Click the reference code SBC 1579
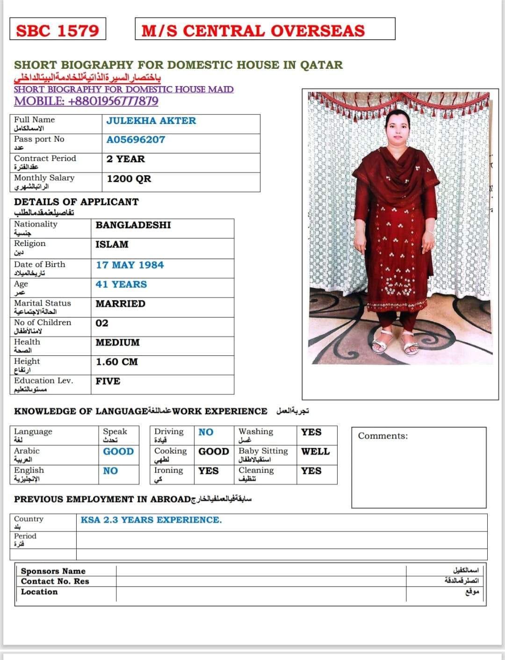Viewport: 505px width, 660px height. [58, 31]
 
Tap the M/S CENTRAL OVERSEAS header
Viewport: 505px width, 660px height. [253, 31]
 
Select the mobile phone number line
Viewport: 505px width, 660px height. [86, 101]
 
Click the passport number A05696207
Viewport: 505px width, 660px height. [136, 139]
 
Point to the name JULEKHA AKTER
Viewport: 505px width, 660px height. [151, 121]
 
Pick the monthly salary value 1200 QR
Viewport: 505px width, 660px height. [129, 179]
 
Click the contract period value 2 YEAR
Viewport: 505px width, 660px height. [125, 159]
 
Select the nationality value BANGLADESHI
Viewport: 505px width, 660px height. [133, 225]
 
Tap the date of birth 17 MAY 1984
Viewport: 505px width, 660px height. [130, 265]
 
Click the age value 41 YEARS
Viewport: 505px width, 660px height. [121, 284]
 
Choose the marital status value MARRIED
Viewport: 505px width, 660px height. [120, 304]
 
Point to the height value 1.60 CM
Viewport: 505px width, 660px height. [116, 362]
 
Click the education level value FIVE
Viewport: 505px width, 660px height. [108, 381]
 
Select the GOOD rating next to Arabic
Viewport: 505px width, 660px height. [118, 451]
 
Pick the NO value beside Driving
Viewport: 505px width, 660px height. [206, 432]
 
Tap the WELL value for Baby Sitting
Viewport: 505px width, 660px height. [315, 451]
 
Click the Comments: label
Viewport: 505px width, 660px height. [382, 436]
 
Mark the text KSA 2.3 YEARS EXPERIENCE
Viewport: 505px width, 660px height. [151, 520]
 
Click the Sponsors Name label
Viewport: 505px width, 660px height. [53, 571]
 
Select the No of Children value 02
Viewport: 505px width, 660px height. [101, 323]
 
